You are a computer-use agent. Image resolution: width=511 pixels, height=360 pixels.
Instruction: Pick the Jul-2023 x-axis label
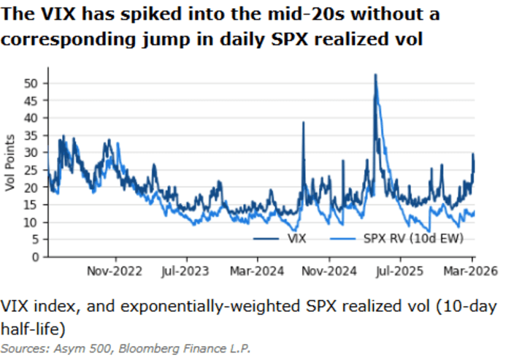[185, 270]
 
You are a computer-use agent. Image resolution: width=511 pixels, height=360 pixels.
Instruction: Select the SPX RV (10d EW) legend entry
[411, 238]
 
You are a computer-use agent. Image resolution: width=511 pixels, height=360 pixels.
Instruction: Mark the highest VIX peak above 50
[375, 75]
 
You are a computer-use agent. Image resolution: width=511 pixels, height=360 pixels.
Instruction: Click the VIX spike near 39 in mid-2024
[303, 123]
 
